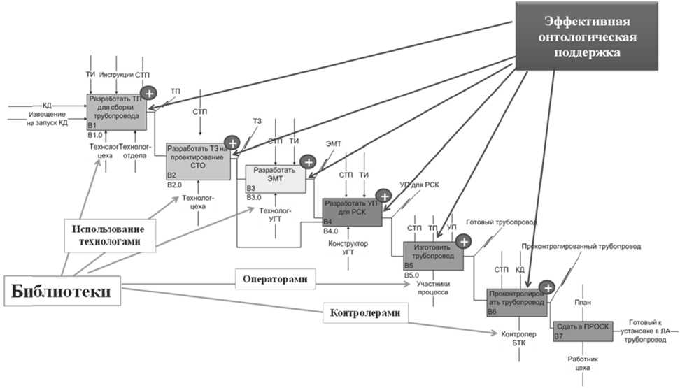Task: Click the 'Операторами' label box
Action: click(275, 279)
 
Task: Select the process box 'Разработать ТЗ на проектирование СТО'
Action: click(198, 161)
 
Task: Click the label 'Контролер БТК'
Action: click(518, 339)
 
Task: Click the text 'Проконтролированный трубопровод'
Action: click(581, 247)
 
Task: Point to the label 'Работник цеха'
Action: click(579, 363)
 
